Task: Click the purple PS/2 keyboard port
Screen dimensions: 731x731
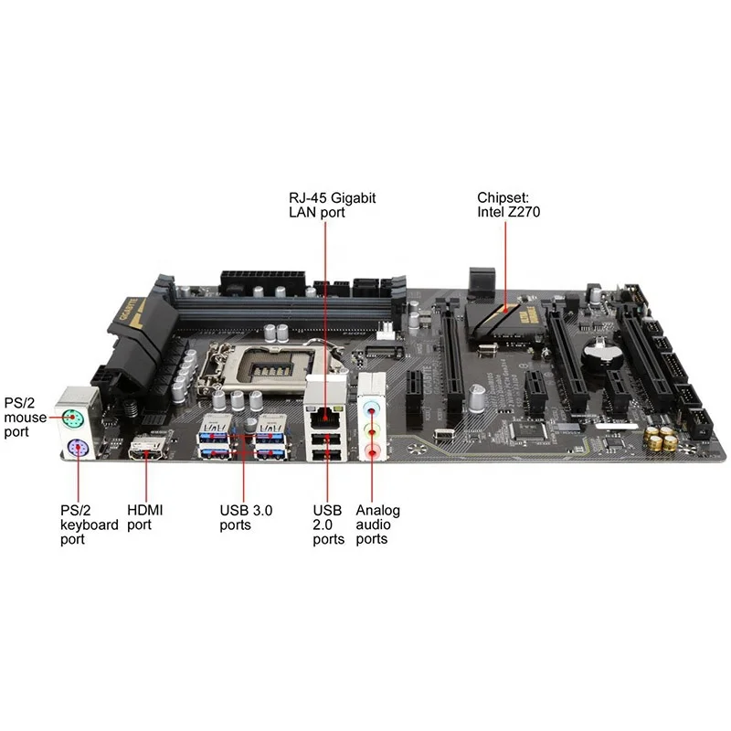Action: [76, 448]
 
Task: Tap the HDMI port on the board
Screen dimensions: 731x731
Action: [149, 450]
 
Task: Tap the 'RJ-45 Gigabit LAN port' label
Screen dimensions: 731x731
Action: [320, 205]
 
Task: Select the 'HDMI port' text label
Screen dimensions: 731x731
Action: [145, 517]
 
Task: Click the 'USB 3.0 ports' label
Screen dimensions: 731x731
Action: [246, 517]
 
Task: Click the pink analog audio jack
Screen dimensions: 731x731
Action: [371, 450]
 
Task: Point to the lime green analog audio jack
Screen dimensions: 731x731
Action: [371, 427]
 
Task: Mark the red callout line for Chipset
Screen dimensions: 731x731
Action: [505, 265]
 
